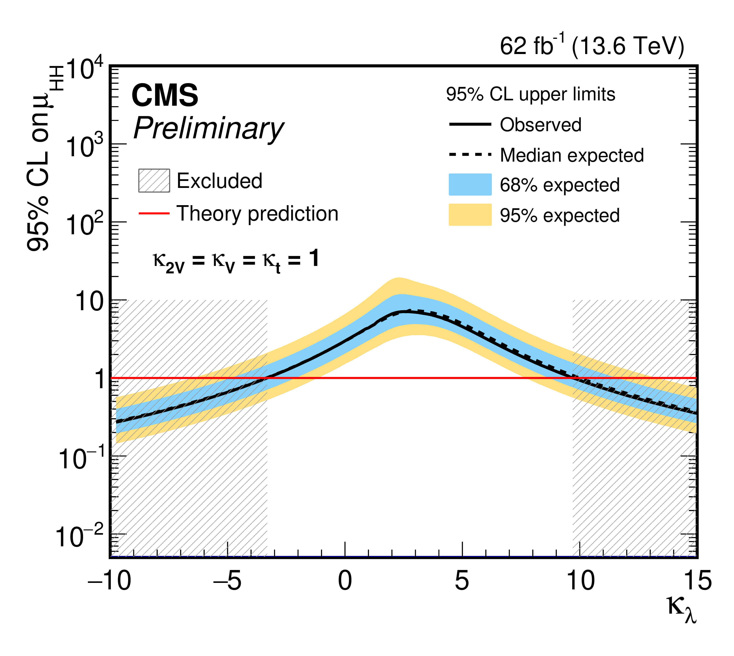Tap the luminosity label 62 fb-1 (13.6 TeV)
click(592, 46)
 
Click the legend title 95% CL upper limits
click(530, 95)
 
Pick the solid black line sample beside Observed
click(470, 124)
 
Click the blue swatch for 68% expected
click(470, 184)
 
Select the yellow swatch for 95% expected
click(470, 215)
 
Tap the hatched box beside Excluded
click(154, 180)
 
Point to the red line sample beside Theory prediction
click(154, 213)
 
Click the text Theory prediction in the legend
click(257, 213)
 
